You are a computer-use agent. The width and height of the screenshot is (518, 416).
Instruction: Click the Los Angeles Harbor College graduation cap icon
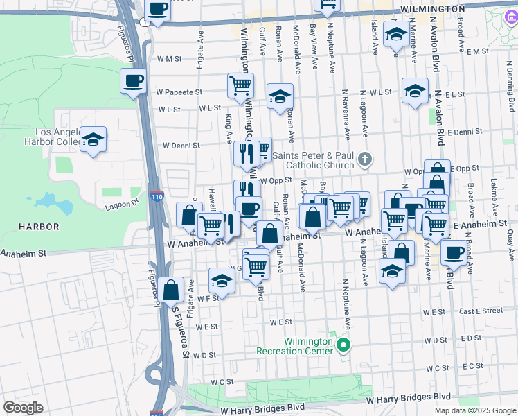[x=93, y=140]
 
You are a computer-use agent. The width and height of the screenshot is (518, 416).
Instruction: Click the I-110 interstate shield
[x=158, y=197]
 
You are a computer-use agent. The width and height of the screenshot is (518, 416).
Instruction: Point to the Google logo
[x=23, y=407]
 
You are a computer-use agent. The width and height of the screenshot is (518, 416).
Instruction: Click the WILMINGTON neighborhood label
[x=432, y=9]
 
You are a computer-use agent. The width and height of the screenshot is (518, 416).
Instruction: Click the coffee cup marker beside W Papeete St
[x=134, y=81]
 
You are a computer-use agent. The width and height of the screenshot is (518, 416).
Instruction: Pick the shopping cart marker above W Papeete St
[x=240, y=86]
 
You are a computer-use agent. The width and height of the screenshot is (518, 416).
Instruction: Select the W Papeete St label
[x=179, y=92]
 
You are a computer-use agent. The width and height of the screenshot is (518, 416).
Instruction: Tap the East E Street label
[x=479, y=311]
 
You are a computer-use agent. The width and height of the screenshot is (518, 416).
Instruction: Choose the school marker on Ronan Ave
[x=279, y=96]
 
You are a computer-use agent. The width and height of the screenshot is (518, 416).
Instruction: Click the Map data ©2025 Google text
[x=474, y=410]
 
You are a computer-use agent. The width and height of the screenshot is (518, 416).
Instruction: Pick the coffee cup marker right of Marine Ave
[x=454, y=252]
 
